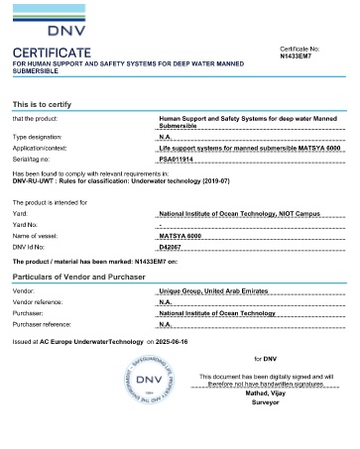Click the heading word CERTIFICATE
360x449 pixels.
tap(52, 52)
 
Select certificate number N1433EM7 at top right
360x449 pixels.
tap(300, 56)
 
